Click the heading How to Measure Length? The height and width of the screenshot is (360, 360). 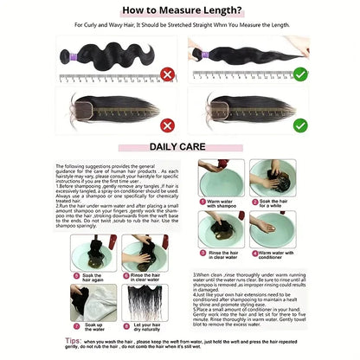pos(179,10)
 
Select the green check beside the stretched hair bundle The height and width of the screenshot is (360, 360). pos(299,74)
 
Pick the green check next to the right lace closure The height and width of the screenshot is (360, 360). pos(299,125)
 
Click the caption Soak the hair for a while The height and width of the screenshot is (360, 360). pos(275,205)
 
